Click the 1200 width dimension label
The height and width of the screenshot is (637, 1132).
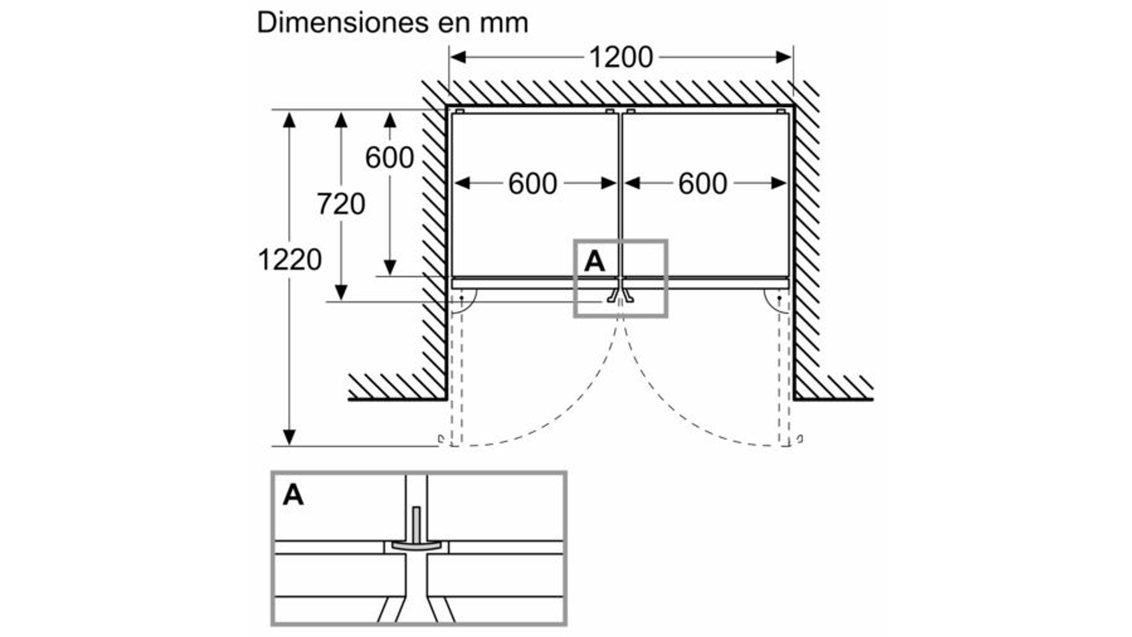pyautogui.click(x=621, y=57)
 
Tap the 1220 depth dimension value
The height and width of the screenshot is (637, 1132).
pyautogui.click(x=290, y=260)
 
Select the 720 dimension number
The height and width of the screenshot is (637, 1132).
pyautogui.click(x=341, y=204)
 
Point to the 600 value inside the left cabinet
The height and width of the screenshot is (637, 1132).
pyautogui.click(x=533, y=184)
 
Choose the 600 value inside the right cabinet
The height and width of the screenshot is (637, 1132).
pyautogui.click(x=702, y=184)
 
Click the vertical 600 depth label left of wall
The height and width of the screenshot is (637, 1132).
pyautogui.click(x=389, y=158)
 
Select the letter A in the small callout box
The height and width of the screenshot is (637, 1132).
pyautogui.click(x=594, y=261)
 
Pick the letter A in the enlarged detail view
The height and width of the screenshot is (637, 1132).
pyautogui.click(x=293, y=495)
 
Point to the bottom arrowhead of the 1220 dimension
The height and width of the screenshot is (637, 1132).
pyautogui.click(x=289, y=437)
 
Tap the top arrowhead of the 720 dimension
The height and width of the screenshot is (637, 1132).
pyautogui.click(x=341, y=120)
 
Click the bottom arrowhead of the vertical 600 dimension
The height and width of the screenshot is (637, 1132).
pyautogui.click(x=390, y=268)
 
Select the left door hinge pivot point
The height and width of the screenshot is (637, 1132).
pyautogui.click(x=461, y=298)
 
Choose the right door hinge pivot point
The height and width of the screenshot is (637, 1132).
pyautogui.click(x=779, y=298)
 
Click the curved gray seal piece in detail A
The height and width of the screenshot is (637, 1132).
pyautogui.click(x=416, y=546)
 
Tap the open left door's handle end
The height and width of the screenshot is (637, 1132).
pyautogui.click(x=441, y=439)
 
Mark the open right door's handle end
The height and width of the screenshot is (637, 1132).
pyautogui.click(x=799, y=439)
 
